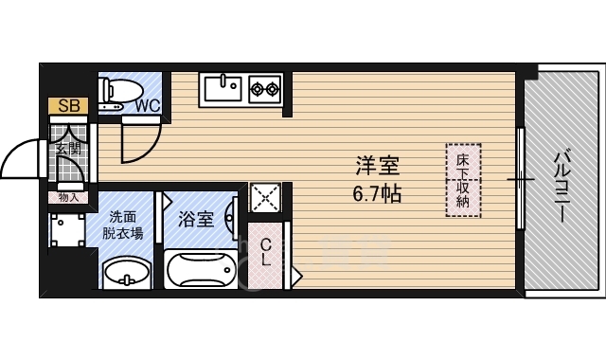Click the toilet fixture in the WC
(x=116, y=90)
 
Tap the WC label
(x=147, y=105)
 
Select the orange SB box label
(x=68, y=105)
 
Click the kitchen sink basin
(x=223, y=90)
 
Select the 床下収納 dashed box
(x=463, y=180)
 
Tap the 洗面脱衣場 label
(x=126, y=225)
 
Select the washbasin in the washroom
(x=124, y=274)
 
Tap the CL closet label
(x=267, y=251)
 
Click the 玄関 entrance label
(x=68, y=150)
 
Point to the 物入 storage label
(x=68, y=197)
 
